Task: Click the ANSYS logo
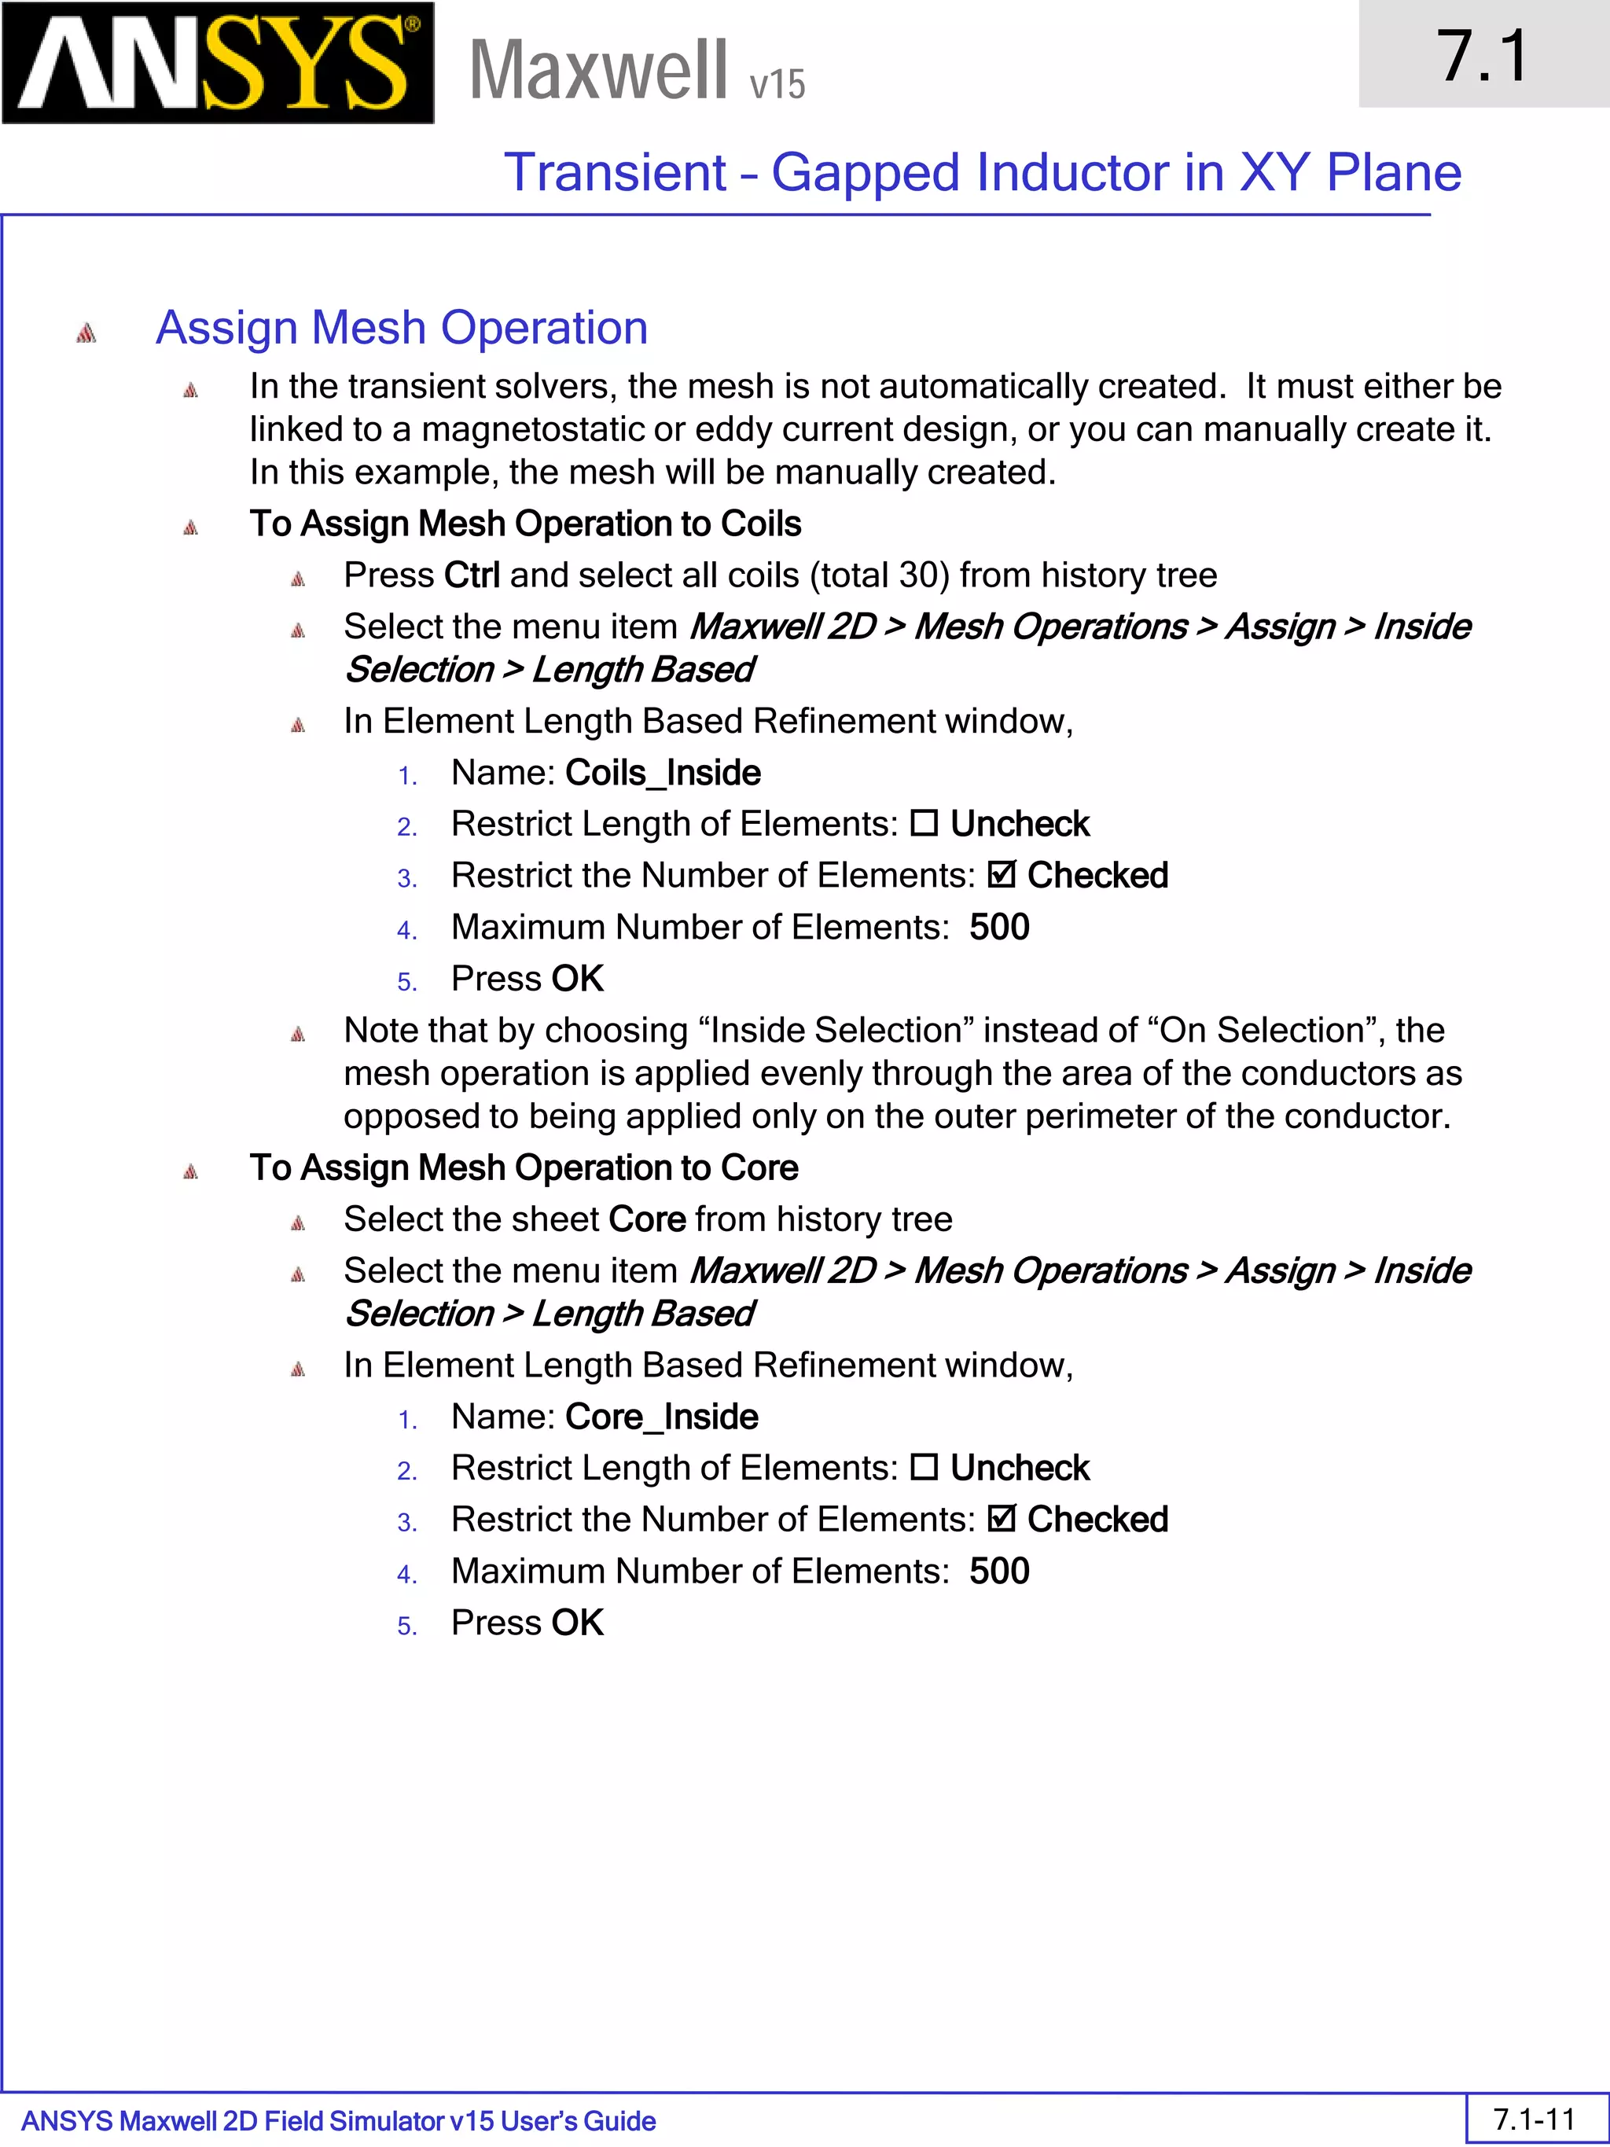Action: [218, 63]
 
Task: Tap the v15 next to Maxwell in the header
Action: [777, 84]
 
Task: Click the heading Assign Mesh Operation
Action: [401, 327]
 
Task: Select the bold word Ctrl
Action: [471, 575]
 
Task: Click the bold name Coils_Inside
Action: [663, 773]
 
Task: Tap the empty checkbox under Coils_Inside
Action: [924, 823]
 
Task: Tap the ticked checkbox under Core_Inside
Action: [1001, 1518]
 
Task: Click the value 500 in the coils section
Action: [998, 927]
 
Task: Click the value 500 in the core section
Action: [998, 1571]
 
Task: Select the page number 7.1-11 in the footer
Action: [1533, 2118]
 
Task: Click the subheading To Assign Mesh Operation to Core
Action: [523, 1167]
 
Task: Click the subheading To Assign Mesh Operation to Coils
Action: [525, 524]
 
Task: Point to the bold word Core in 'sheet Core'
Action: [646, 1219]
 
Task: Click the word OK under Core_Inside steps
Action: [578, 1622]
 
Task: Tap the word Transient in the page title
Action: [614, 173]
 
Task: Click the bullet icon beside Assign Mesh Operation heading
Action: [86, 333]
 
